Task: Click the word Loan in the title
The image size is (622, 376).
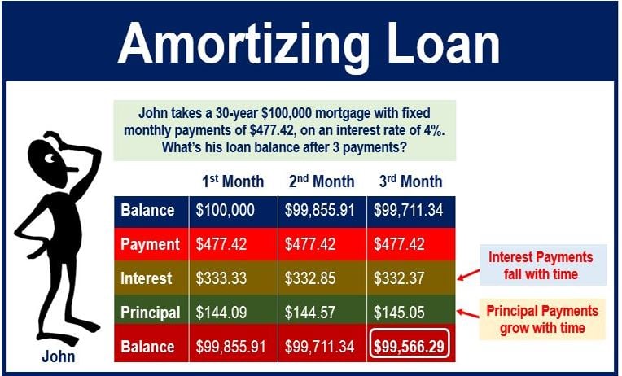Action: pyautogui.click(x=443, y=43)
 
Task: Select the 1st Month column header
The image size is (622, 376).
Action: pyautogui.click(x=233, y=181)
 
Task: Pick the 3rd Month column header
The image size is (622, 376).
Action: pyautogui.click(x=410, y=181)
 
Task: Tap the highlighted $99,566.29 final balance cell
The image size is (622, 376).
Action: pyautogui.click(x=409, y=347)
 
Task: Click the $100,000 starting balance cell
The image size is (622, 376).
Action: pyautogui.click(x=225, y=210)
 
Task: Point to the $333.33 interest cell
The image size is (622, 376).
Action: pyautogui.click(x=221, y=278)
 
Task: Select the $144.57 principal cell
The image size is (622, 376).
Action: pyautogui.click(x=310, y=313)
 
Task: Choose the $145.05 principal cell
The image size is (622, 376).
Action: pyautogui.click(x=399, y=313)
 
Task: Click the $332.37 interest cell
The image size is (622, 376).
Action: pyautogui.click(x=399, y=278)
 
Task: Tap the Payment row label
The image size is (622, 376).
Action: pyautogui.click(x=150, y=244)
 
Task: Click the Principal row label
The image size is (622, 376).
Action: pyautogui.click(x=150, y=313)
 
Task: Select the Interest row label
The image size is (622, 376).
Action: pyautogui.click(x=146, y=278)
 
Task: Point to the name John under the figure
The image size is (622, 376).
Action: pyautogui.click(x=59, y=356)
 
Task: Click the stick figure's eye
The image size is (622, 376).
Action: pyautogui.click(x=50, y=159)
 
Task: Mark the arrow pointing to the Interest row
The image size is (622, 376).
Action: pyautogui.click(x=468, y=274)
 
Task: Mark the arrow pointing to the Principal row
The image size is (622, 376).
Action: pyautogui.click(x=468, y=313)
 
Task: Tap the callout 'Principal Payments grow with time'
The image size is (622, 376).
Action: pyautogui.click(x=542, y=319)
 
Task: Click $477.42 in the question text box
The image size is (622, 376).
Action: pyautogui.click(x=275, y=130)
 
